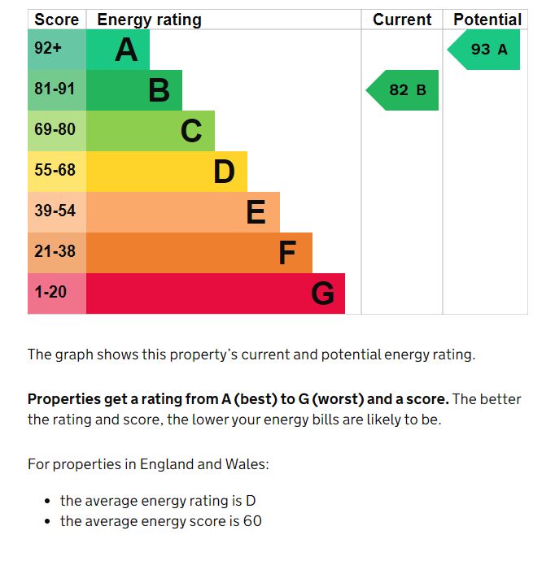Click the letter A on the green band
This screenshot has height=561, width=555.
point(126,50)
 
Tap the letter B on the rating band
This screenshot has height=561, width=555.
point(159,90)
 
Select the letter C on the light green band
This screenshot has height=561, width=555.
point(191,131)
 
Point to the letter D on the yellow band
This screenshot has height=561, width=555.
point(224,172)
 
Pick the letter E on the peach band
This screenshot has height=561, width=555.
point(256,212)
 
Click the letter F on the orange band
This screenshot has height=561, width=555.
point(287,253)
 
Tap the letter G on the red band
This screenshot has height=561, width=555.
point(322,294)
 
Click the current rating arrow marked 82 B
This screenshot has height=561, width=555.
point(404,90)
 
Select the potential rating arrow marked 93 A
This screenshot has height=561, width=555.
point(486,50)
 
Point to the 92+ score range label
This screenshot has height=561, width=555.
point(48,49)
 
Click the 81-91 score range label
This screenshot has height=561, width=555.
point(55,89)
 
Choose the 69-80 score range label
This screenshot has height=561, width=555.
point(55,130)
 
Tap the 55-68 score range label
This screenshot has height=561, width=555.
point(55,171)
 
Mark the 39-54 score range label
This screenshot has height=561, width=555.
point(55,211)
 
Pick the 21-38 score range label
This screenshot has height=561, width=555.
point(55,252)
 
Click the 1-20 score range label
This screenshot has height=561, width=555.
point(50,292)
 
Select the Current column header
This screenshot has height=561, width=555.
point(402,20)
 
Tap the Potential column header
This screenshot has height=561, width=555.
point(487,20)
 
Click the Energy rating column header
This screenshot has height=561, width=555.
point(149,20)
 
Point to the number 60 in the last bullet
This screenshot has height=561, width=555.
point(252,521)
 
